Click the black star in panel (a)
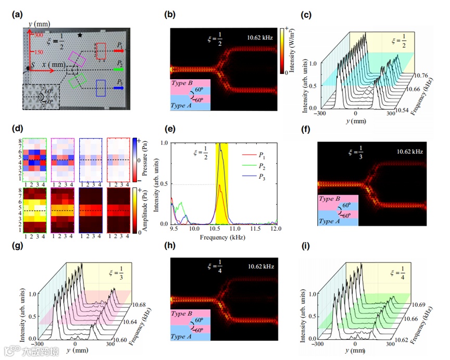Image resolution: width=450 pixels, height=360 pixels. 80,35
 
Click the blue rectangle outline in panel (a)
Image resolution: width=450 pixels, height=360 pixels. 102,88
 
